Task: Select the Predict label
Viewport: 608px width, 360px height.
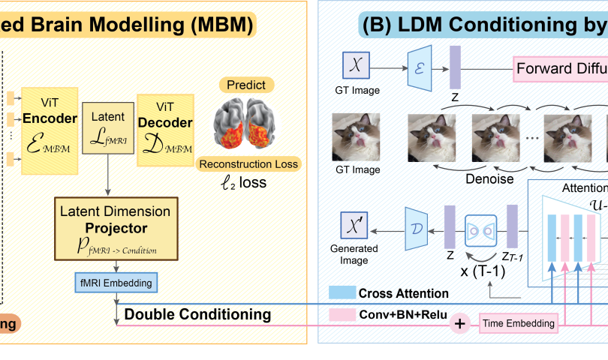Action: point(247,85)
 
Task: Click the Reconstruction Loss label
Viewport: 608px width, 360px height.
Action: point(248,164)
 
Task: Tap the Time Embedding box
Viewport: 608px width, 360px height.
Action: point(519,323)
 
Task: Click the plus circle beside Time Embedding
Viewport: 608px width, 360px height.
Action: point(459,323)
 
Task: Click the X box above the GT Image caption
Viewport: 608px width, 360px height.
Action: point(357,66)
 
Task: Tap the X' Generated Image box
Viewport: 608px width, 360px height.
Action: point(353,223)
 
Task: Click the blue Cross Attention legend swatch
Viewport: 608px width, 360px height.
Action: point(341,293)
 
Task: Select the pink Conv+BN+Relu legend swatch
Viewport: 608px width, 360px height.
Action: point(341,315)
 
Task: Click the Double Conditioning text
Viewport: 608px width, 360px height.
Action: point(197,314)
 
